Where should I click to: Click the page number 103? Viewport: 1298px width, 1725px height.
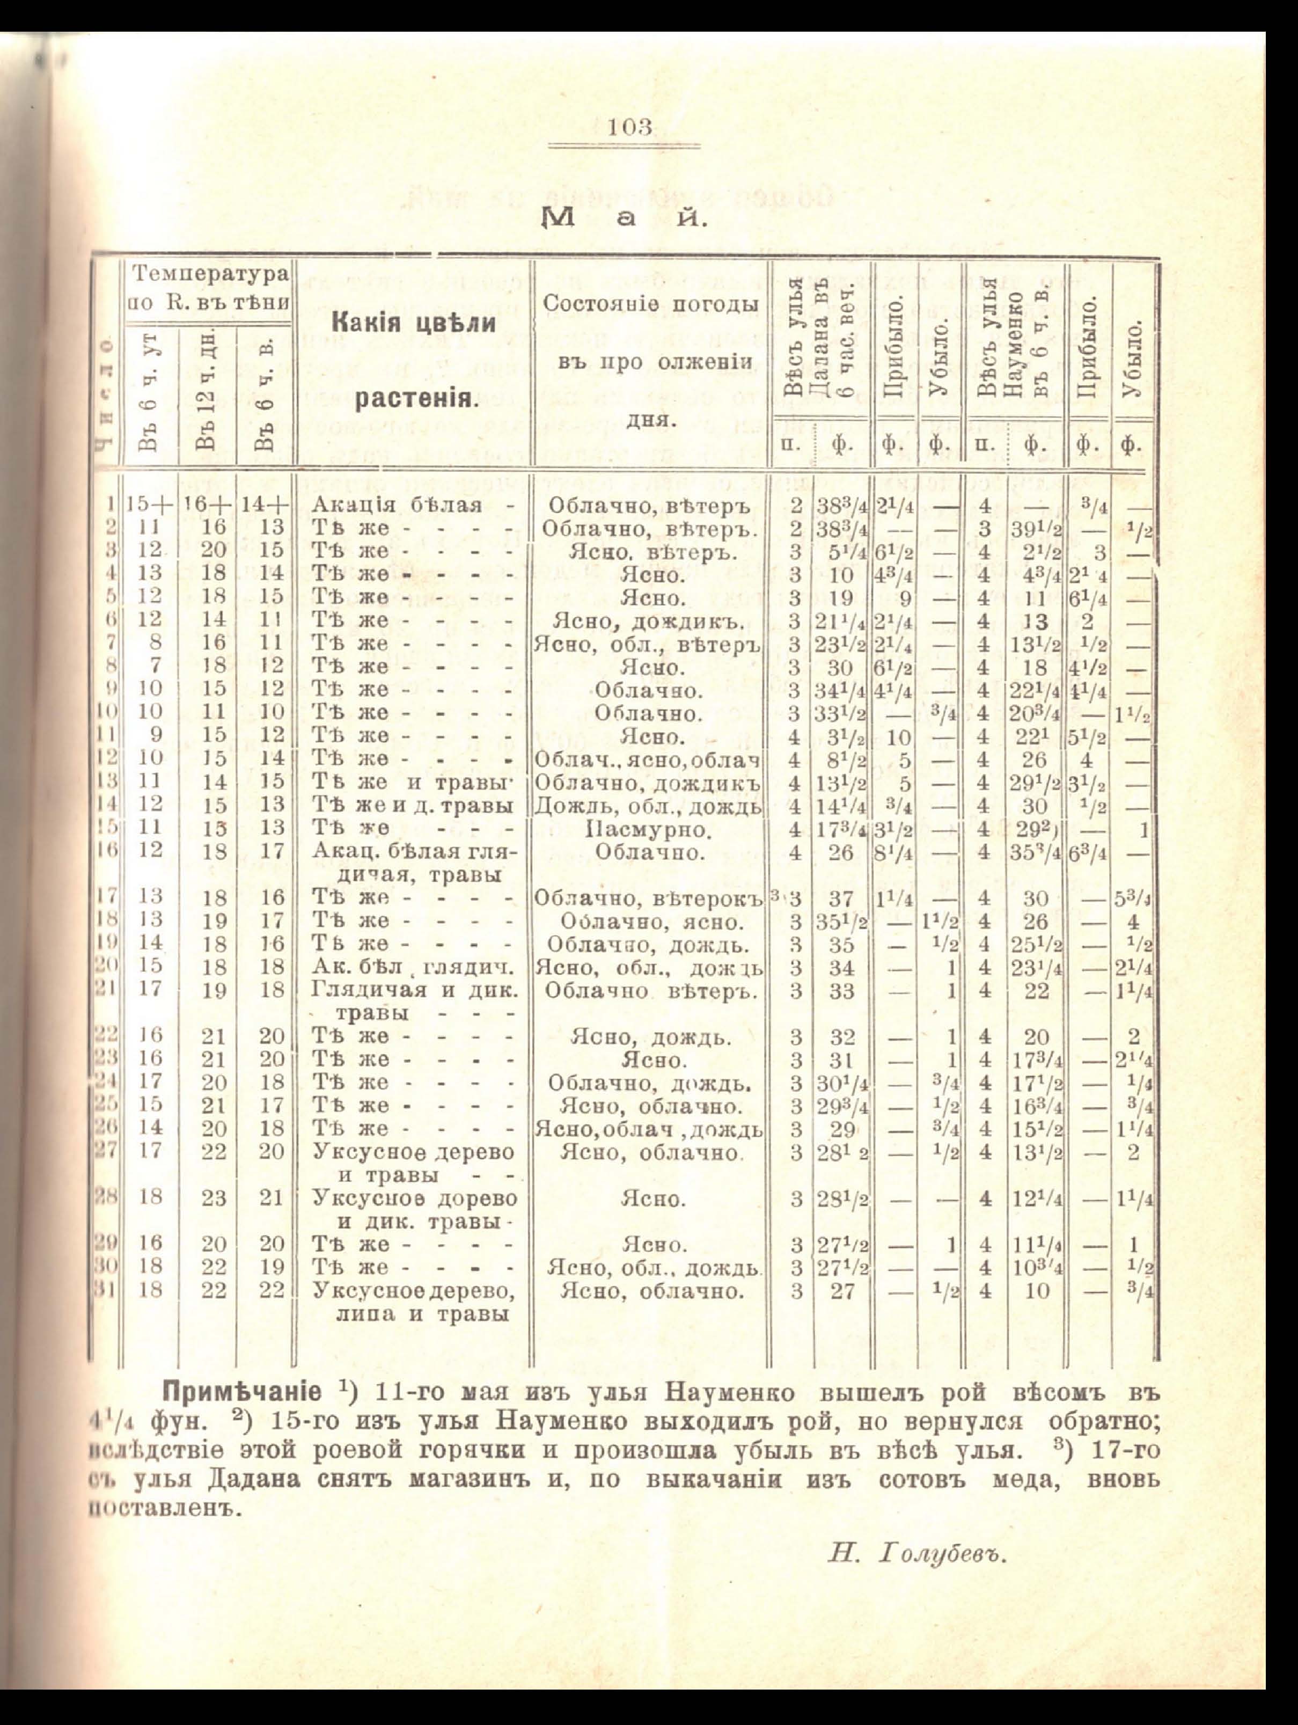(x=632, y=127)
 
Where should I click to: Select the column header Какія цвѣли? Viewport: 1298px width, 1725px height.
(x=415, y=323)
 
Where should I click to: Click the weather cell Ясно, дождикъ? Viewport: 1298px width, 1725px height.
(x=650, y=621)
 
